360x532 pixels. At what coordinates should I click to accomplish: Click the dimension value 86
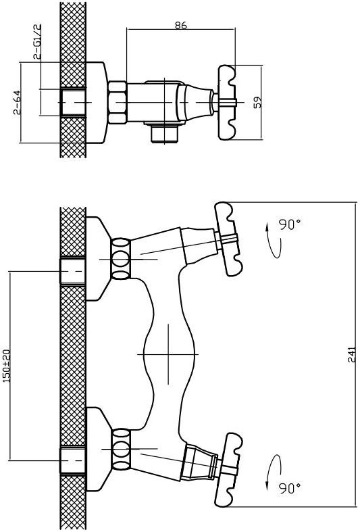tap(181, 25)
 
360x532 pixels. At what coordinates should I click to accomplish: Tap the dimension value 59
tap(258, 102)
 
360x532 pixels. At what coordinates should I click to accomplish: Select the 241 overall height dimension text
tap(352, 354)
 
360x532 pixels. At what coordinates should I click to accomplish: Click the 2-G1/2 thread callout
tap(37, 41)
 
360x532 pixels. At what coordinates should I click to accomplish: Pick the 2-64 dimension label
tap(17, 102)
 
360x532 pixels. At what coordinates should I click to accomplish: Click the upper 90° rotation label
tap(290, 224)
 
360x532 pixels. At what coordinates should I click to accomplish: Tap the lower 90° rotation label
tap(290, 488)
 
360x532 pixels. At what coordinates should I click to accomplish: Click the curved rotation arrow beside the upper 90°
tap(274, 240)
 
